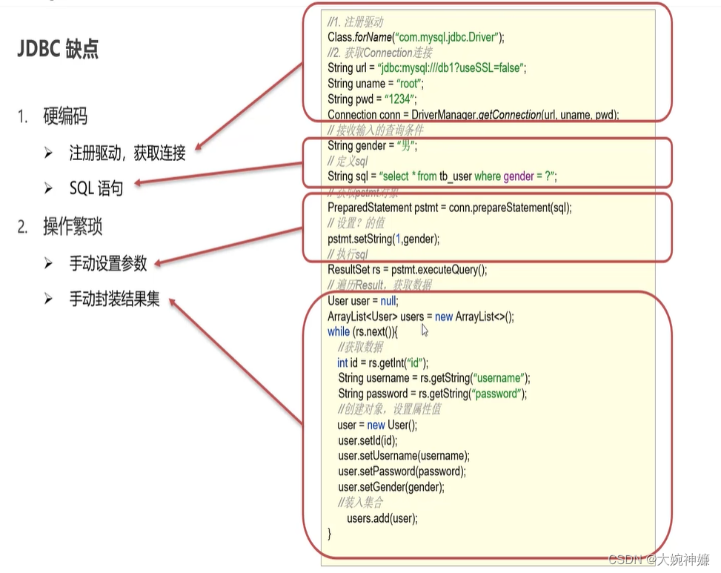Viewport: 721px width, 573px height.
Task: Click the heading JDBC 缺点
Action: pyautogui.click(x=58, y=49)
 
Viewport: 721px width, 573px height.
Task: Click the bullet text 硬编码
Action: pyautogui.click(x=65, y=116)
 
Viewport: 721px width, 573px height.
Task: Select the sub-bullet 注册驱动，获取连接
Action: pyautogui.click(x=127, y=153)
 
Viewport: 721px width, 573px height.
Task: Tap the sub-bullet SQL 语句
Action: pyautogui.click(x=96, y=188)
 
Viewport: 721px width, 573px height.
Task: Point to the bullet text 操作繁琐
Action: pyautogui.click(x=72, y=227)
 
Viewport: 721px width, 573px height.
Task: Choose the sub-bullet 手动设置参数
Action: pyautogui.click(x=108, y=263)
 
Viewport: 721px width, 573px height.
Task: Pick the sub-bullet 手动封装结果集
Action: pyautogui.click(x=114, y=299)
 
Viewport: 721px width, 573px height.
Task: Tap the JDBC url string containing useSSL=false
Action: pyautogui.click(x=451, y=67)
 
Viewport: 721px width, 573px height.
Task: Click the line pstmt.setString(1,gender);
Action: pyautogui.click(x=384, y=238)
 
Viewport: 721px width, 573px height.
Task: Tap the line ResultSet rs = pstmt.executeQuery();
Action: pyautogui.click(x=407, y=269)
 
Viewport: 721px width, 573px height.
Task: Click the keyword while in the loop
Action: pyautogui.click(x=339, y=331)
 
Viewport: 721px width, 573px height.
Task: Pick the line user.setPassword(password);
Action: pyautogui.click(x=402, y=471)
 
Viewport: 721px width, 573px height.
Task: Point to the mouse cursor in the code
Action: pyautogui.click(x=425, y=331)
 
